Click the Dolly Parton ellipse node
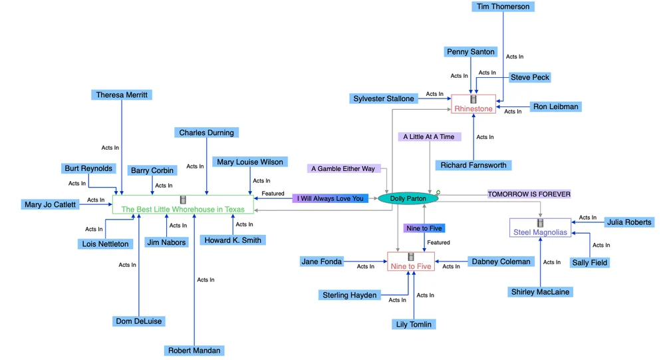click(408, 198)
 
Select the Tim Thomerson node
click(503, 7)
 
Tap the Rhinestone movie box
click(473, 104)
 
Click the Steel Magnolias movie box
click(540, 228)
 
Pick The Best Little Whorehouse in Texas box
click(183, 205)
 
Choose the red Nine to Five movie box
click(411, 262)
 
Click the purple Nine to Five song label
click(424, 228)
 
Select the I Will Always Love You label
click(331, 198)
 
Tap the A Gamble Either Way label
click(343, 168)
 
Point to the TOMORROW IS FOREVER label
click(529, 194)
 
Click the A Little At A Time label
click(429, 136)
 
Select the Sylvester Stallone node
click(384, 98)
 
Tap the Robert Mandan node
click(194, 350)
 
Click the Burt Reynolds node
click(89, 168)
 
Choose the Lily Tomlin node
click(414, 324)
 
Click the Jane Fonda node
click(321, 262)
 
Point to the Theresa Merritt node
click(122, 95)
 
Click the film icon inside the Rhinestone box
click(473, 99)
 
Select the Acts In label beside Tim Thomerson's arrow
click(515, 57)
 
